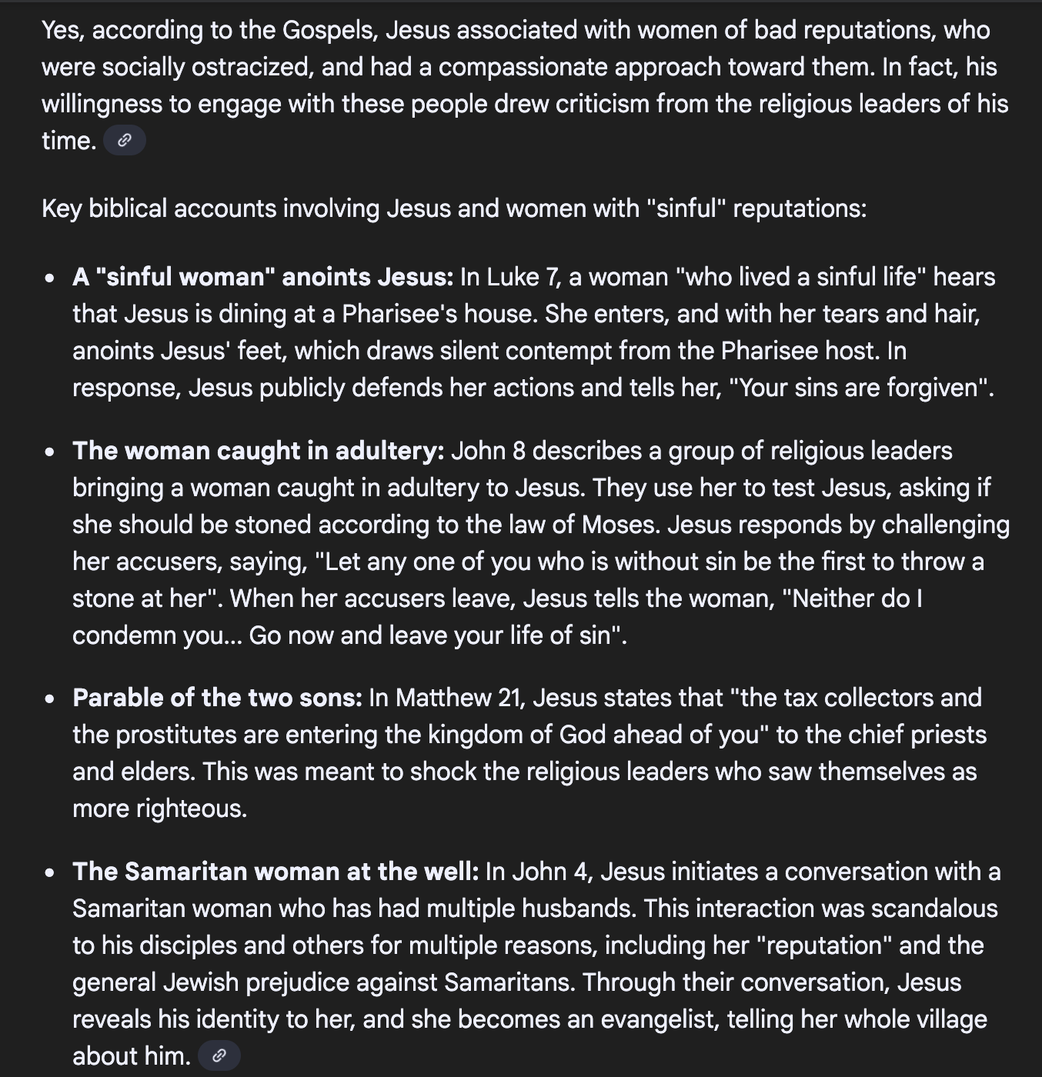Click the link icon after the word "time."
pyautogui.click(x=124, y=141)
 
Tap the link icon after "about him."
pyautogui.click(x=219, y=1055)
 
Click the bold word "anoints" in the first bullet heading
pyautogui.click(x=328, y=277)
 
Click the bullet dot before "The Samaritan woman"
pyautogui.click(x=50, y=873)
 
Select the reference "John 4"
pyautogui.click(x=549, y=872)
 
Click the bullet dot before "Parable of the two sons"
pyautogui.click(x=50, y=699)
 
